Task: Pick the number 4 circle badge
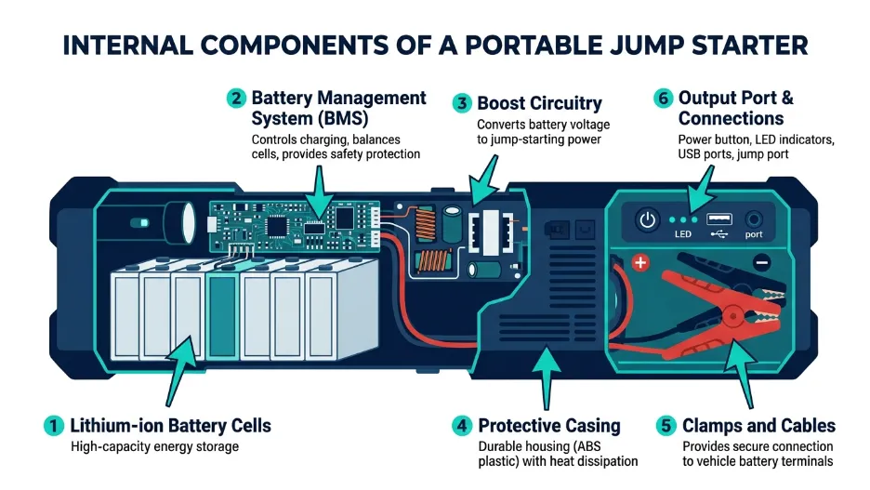(x=462, y=426)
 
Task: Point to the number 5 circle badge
(x=665, y=426)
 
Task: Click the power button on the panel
(x=647, y=221)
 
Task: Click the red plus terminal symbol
(x=639, y=263)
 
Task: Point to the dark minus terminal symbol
(x=761, y=262)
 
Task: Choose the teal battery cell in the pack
(x=223, y=315)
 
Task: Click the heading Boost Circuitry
(x=539, y=104)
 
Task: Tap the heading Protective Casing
(x=548, y=426)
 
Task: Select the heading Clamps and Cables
(x=758, y=426)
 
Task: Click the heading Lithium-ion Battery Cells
(x=171, y=426)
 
